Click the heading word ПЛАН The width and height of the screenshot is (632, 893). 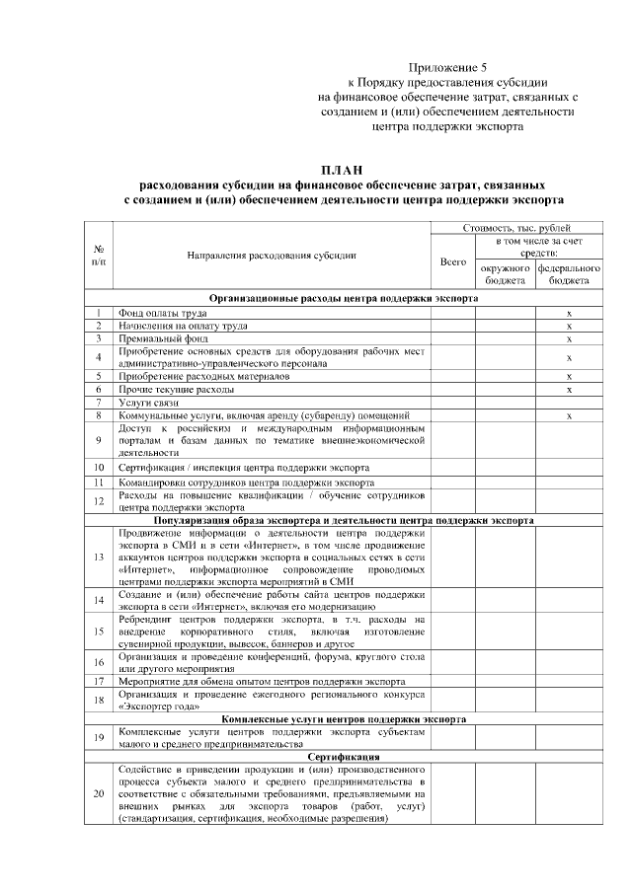343,171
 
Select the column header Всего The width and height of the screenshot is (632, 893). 452,261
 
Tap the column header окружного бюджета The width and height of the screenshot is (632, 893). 505,274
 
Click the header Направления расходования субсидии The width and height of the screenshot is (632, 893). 272,256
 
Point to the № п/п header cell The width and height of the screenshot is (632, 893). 100,256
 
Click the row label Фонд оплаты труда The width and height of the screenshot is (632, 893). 162,312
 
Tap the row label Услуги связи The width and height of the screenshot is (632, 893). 148,403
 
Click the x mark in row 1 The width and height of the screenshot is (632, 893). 570,313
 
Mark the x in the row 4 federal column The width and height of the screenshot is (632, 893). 570,357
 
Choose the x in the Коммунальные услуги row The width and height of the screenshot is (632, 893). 570,416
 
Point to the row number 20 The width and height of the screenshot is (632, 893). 100,794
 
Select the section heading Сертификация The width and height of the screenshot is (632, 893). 343,756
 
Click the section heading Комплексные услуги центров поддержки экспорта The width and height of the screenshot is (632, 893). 343,719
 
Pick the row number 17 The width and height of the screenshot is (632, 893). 100,681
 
